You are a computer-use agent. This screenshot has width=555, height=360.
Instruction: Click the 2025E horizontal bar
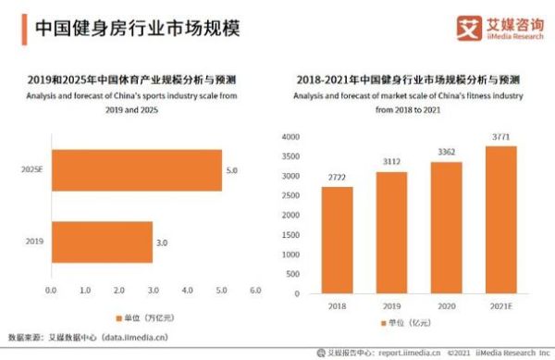[136, 170]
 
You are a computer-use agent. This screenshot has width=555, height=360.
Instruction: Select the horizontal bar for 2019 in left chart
[102, 242]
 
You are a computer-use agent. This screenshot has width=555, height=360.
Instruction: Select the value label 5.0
[232, 170]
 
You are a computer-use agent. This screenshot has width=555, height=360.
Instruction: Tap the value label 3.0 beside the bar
[163, 242]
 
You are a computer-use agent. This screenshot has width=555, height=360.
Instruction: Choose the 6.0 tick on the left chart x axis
[255, 291]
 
